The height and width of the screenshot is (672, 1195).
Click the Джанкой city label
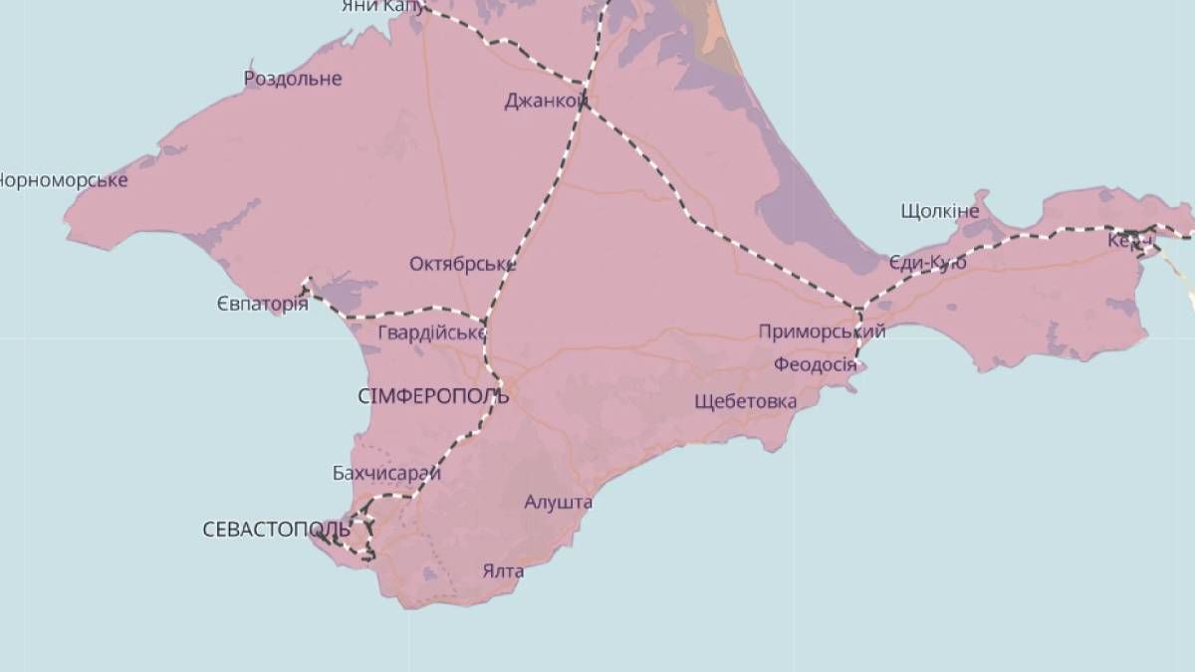(x=544, y=101)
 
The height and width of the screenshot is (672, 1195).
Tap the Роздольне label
(x=293, y=79)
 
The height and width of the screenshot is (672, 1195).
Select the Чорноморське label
(x=62, y=180)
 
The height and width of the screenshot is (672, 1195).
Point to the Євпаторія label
(x=262, y=304)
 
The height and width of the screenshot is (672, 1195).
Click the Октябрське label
(x=462, y=264)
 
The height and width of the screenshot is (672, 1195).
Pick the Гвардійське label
(x=431, y=333)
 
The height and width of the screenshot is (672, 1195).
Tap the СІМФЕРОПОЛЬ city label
(x=433, y=396)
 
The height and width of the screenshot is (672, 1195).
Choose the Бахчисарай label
(x=386, y=473)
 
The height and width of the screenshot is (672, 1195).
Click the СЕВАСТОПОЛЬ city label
(x=276, y=530)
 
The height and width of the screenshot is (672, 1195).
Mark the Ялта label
(x=503, y=571)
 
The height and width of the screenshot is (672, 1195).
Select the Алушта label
(x=559, y=502)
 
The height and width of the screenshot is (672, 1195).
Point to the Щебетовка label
(x=747, y=401)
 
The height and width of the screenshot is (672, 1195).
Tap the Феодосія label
(x=815, y=365)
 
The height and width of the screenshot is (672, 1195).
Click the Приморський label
(x=822, y=332)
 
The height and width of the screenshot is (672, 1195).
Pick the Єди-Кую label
(x=928, y=263)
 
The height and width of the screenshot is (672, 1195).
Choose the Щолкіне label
(x=939, y=211)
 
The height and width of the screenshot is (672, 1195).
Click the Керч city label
(x=1131, y=240)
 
